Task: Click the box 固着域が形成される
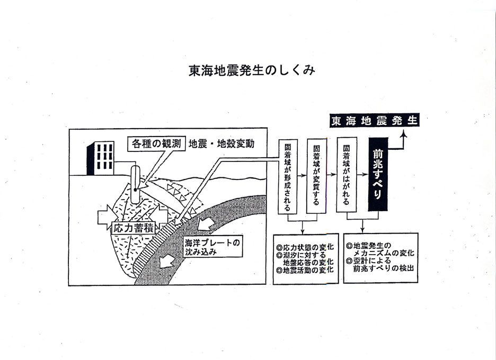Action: (x=288, y=176)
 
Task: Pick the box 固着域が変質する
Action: (x=317, y=176)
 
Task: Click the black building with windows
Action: (x=100, y=158)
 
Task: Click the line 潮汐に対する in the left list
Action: (x=302, y=255)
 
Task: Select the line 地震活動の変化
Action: (x=305, y=270)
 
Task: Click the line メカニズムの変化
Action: (x=384, y=253)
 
